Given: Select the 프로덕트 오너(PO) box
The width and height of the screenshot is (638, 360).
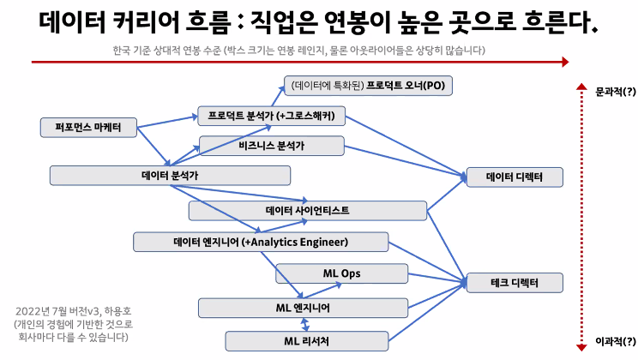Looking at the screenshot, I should (x=368, y=86).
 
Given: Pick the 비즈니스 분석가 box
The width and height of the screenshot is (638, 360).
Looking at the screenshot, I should (x=271, y=146).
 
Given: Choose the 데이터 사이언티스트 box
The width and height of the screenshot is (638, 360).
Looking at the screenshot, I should (x=307, y=210).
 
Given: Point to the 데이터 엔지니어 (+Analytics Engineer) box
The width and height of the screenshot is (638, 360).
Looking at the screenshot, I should (x=261, y=242).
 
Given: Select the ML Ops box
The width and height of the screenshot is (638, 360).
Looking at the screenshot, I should (x=341, y=273).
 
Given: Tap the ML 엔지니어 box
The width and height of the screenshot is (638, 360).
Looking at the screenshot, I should (x=302, y=307).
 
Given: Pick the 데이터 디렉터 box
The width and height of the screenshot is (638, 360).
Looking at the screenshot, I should (x=513, y=177).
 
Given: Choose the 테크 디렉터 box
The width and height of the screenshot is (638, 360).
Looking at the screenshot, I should (x=513, y=282).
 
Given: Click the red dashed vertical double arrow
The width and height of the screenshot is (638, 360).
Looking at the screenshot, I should (x=581, y=214).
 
